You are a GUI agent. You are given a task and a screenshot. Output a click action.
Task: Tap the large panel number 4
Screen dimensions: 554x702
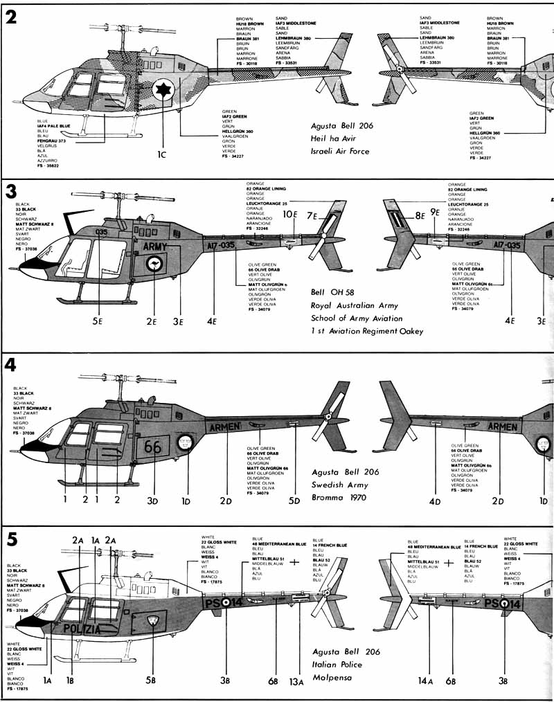coord(11,365)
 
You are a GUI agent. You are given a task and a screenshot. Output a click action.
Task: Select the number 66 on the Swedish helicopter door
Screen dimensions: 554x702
coord(152,447)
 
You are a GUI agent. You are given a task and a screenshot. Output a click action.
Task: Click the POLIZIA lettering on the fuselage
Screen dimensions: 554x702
coord(92,629)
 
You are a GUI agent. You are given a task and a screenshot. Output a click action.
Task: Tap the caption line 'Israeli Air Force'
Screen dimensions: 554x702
coord(341,151)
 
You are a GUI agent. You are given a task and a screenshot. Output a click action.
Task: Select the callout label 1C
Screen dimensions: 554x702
coord(162,156)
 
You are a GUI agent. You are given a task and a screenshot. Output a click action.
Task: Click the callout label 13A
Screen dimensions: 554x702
coord(296,682)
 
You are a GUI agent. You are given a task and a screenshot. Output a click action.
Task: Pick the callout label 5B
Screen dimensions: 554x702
coord(150,681)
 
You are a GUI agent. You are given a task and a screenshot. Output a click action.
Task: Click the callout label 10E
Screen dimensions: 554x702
coord(291,216)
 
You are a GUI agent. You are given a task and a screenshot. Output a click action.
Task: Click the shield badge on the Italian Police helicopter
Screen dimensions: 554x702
coord(152,620)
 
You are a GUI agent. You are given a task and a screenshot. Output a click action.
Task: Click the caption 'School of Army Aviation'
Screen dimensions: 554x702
coord(357,318)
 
